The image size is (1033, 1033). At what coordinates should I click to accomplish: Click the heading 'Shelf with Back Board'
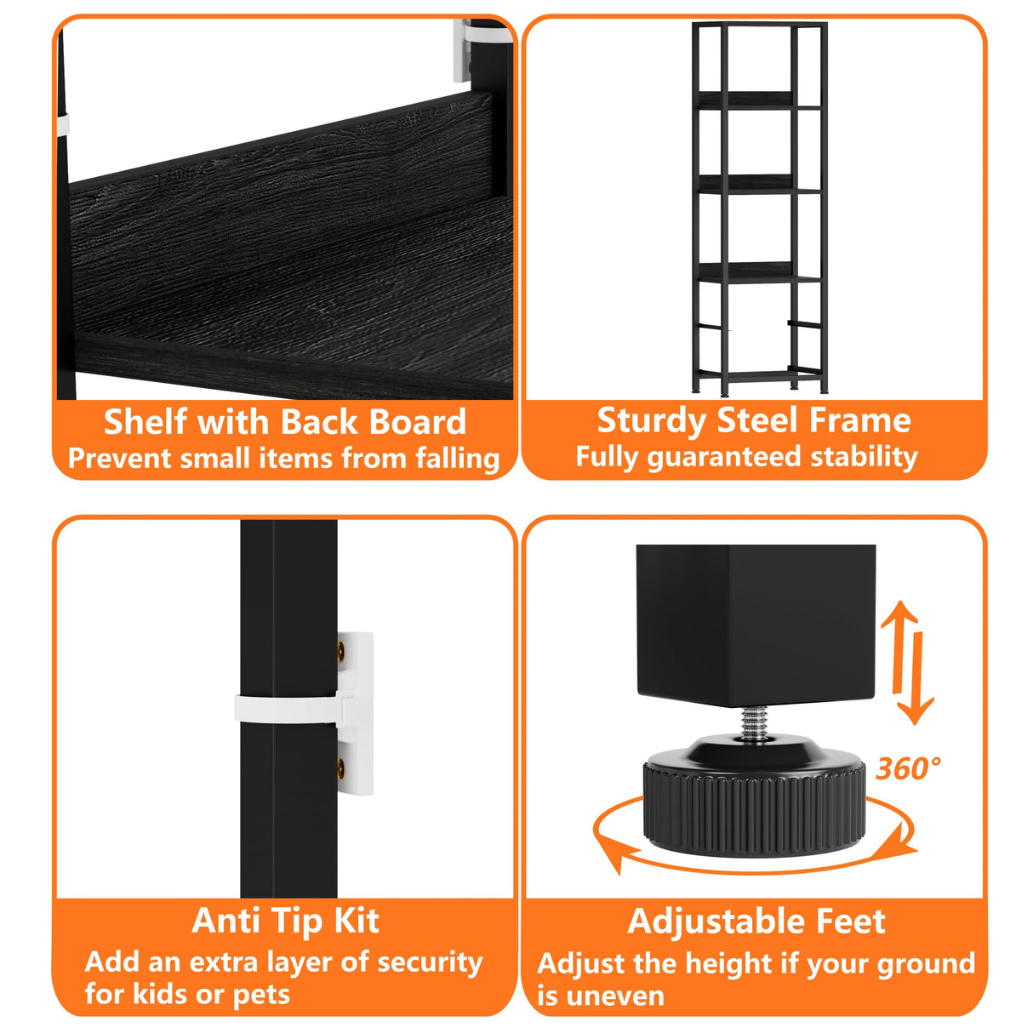(285, 421)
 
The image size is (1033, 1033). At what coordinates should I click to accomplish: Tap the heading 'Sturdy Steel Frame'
(754, 420)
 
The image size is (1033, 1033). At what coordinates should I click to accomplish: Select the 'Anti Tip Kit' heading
(285, 921)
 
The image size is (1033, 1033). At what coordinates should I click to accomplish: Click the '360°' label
(908, 768)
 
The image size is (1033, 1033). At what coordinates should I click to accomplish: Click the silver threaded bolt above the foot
(755, 723)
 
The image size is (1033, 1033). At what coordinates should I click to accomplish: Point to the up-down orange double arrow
(908, 662)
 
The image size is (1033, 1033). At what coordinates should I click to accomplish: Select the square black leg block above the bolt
(756, 625)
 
